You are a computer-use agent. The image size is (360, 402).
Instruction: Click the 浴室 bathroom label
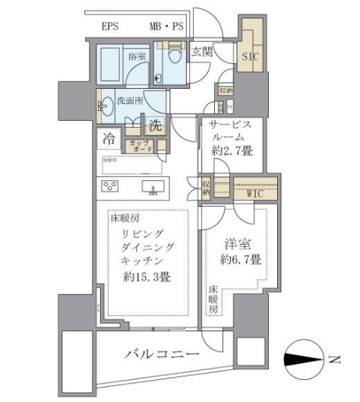137,55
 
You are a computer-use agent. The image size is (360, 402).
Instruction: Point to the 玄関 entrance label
201,52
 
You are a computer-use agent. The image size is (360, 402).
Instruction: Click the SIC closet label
248,56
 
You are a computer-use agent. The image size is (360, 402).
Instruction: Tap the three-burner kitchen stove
109,188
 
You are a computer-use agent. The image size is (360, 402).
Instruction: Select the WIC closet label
254,193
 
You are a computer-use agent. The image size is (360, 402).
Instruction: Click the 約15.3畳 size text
147,277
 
